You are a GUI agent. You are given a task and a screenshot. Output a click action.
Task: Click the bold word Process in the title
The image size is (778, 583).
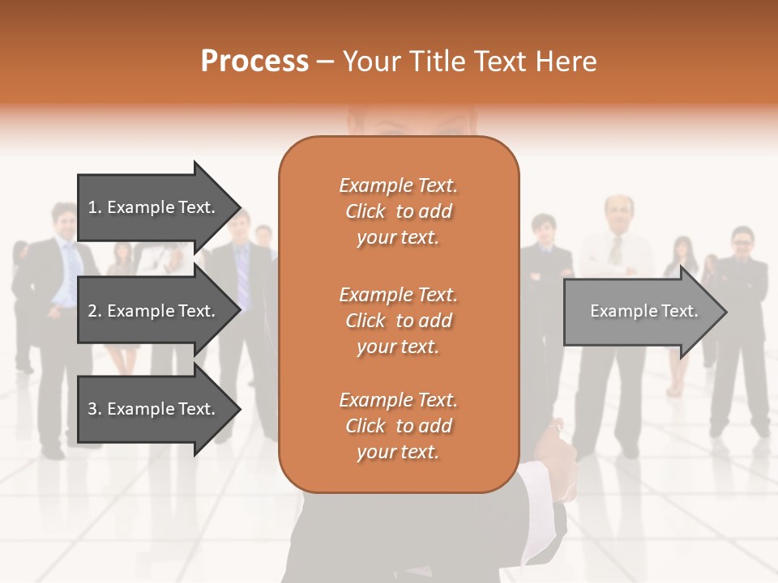pyautogui.click(x=254, y=62)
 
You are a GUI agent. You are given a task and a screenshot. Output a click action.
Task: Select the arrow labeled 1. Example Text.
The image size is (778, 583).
pyautogui.click(x=154, y=207)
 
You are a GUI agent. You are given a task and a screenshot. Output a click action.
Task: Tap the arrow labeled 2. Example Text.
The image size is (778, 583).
pyautogui.click(x=154, y=311)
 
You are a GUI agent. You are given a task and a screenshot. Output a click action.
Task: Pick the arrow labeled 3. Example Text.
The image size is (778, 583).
pyautogui.click(x=154, y=409)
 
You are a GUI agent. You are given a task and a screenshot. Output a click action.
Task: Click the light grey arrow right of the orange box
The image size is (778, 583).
pyautogui.click(x=640, y=311)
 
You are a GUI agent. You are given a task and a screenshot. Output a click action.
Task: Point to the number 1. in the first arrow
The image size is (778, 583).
pyautogui.click(x=95, y=207)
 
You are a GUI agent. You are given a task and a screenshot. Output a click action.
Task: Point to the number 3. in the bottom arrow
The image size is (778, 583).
pyautogui.click(x=95, y=409)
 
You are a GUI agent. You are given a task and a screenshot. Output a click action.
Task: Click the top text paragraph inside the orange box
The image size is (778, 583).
pyautogui.click(x=398, y=211)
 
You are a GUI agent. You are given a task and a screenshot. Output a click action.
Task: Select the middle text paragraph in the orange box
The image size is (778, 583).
pyautogui.click(x=398, y=321)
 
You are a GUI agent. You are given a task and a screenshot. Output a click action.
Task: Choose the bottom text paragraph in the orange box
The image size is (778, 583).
pyautogui.click(x=398, y=426)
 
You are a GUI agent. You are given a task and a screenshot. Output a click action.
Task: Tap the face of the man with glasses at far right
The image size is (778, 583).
pyautogui.click(x=742, y=241)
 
